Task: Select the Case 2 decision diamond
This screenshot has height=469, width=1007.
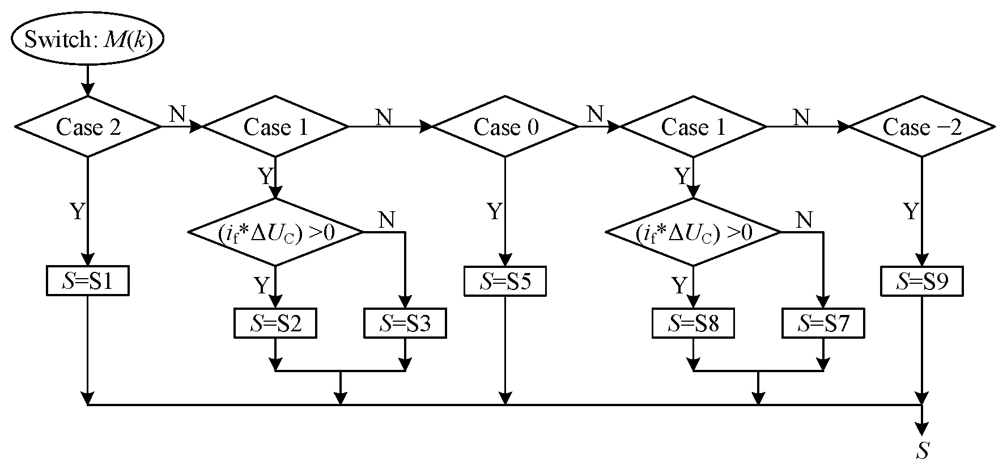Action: click(87, 127)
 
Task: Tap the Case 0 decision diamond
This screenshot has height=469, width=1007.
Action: click(505, 127)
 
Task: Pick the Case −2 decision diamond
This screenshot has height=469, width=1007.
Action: click(922, 127)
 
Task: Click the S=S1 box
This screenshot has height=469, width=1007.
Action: click(87, 281)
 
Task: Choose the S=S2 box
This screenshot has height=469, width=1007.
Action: click(275, 323)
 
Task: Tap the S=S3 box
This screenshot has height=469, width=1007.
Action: click(405, 323)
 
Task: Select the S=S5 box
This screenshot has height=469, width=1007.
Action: click(505, 281)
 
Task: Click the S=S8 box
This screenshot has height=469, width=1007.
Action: click(693, 323)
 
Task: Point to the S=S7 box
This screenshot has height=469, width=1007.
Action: click(823, 323)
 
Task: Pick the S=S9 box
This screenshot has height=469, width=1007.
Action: click(922, 281)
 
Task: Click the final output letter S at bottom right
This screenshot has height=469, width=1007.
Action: click(923, 451)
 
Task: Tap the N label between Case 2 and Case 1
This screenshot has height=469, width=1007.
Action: click(177, 114)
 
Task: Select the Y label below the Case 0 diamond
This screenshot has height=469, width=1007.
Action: click(494, 212)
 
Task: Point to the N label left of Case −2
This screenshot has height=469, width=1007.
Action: click(801, 117)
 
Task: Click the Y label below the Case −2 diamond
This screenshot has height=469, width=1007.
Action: click(911, 212)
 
